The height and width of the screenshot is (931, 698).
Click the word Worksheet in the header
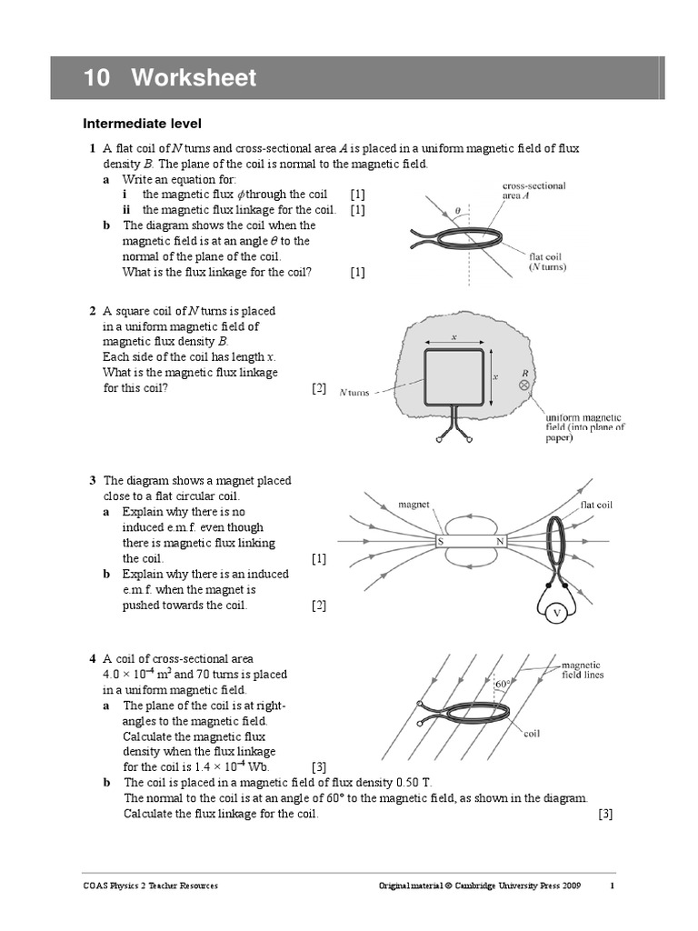click(193, 78)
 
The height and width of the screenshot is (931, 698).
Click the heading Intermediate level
click(142, 124)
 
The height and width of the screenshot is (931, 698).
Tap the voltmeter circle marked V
click(557, 614)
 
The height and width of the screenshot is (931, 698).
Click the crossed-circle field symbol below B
click(523, 385)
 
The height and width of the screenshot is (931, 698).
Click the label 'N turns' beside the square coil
click(354, 393)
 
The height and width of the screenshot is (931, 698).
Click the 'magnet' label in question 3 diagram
click(414, 503)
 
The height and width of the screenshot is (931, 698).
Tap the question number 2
click(93, 311)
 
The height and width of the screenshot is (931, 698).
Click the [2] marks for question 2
click(318, 388)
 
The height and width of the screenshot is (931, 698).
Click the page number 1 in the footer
click(612, 886)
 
